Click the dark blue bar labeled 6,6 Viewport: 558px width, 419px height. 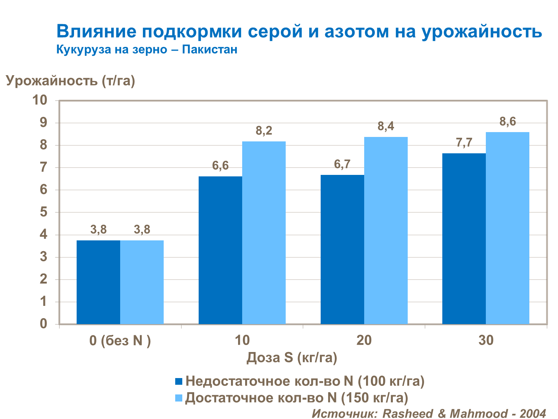point(220,250)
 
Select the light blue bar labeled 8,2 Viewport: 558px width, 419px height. point(264,233)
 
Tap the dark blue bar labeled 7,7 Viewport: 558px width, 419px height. point(464,239)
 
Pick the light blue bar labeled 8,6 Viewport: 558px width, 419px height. point(507,228)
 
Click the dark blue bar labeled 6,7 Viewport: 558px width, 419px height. point(342,249)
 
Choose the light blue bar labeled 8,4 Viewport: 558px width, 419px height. point(386,230)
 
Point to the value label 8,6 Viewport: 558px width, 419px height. point(508,122)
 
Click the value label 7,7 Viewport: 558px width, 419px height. point(464,143)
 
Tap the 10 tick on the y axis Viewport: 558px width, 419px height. point(40,100)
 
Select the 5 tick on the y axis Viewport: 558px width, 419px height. point(44,212)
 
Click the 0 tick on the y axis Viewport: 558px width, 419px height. point(44,324)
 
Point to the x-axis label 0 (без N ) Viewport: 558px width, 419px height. point(120,340)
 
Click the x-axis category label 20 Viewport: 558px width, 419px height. point(364,340)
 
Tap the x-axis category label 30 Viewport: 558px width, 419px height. point(486,340)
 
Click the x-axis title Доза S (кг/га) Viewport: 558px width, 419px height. point(292,358)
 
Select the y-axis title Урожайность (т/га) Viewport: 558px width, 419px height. point(70,81)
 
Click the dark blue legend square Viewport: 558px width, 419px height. point(179,381)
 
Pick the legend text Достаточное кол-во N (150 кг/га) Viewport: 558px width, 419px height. point(296,398)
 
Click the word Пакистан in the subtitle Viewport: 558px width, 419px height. point(209,49)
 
